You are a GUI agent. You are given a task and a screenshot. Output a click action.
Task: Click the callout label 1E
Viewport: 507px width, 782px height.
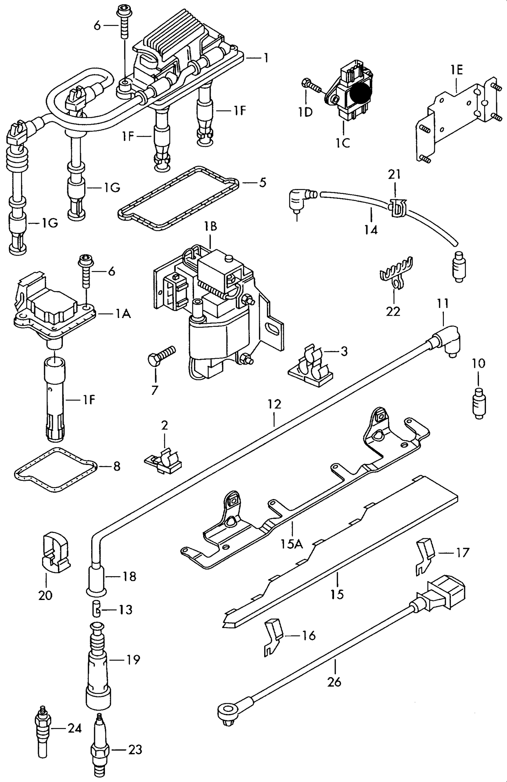click(456, 70)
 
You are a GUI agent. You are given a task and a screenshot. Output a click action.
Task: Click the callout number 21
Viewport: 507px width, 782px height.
click(394, 174)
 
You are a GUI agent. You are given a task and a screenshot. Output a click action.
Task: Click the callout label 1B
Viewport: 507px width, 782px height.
click(211, 227)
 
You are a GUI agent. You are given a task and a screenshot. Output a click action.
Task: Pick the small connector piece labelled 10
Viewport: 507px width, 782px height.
click(479, 403)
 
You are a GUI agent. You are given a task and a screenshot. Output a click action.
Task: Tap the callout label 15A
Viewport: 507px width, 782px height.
click(291, 544)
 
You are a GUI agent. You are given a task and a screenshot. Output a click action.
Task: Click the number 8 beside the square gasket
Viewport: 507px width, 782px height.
click(116, 466)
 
